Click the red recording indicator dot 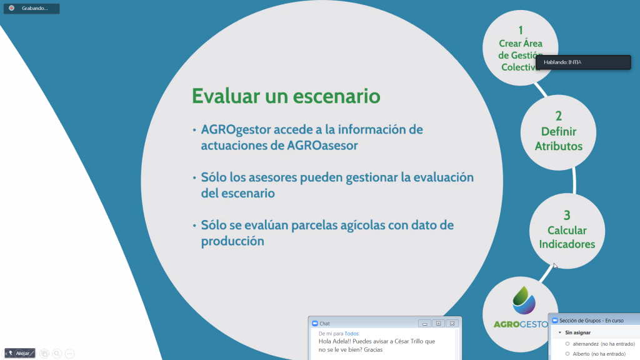tap(11, 8)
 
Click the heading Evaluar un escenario tap(286, 96)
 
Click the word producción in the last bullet tap(232, 241)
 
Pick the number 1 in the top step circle tap(521, 30)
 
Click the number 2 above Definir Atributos tap(558, 116)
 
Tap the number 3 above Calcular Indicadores tap(567, 215)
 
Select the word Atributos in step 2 tap(558, 146)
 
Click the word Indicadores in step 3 tap(567, 244)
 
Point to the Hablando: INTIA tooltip tap(583, 62)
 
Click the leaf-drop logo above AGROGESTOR tap(524, 300)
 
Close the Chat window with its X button tap(452, 323)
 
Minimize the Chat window tap(424, 323)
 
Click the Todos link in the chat tap(351, 334)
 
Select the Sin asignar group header tap(577, 332)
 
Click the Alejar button tap(19, 353)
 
